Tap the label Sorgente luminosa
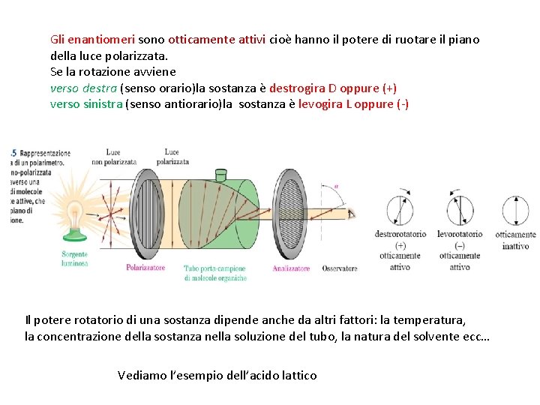(x=75, y=259)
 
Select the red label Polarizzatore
(x=145, y=268)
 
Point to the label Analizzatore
(x=291, y=268)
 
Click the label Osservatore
(x=340, y=268)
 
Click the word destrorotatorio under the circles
(x=400, y=234)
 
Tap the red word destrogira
(x=297, y=88)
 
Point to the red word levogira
(x=320, y=104)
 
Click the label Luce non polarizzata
(x=113, y=157)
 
